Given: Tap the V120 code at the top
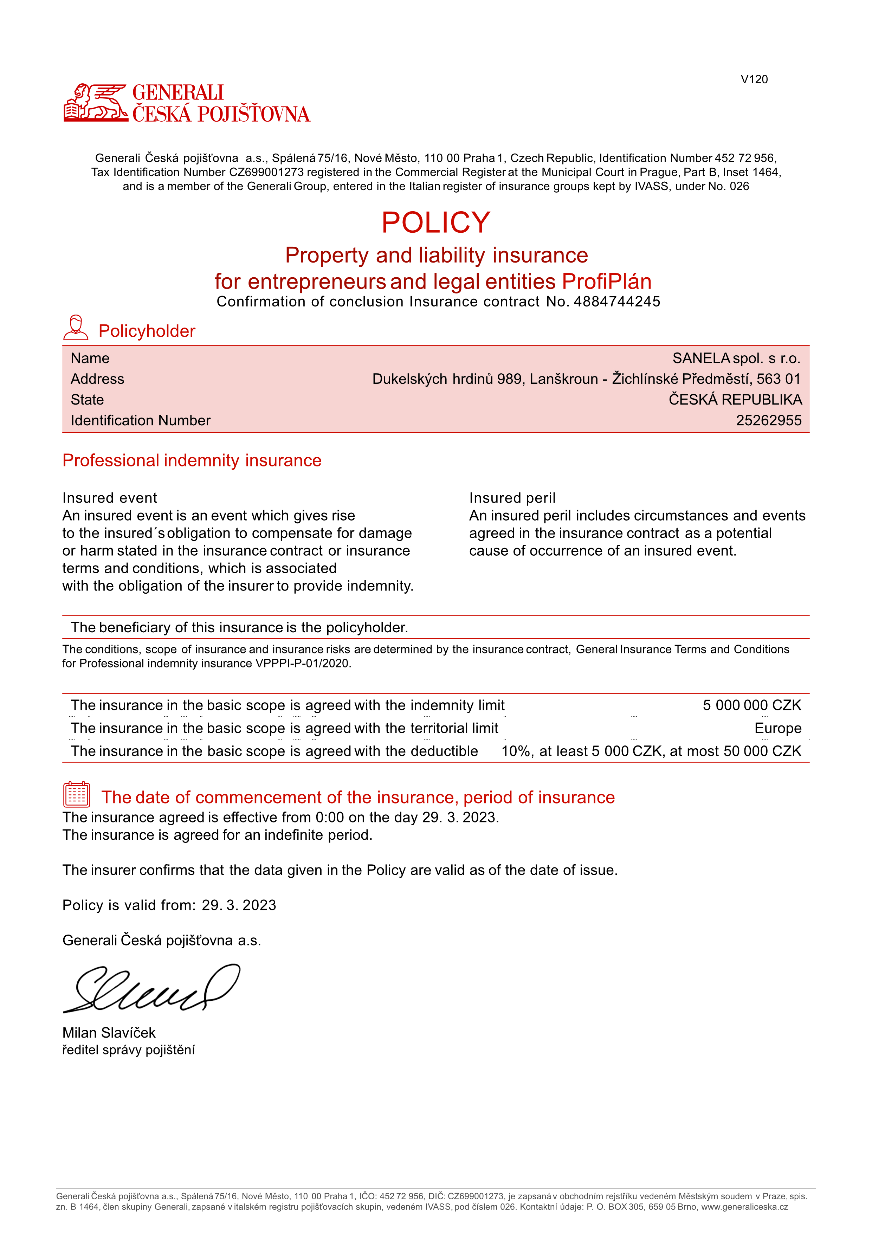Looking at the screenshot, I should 754,79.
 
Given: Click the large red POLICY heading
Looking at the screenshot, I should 436,222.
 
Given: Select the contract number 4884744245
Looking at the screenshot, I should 617,302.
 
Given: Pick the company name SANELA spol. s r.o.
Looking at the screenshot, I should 736,358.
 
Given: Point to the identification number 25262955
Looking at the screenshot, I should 768,420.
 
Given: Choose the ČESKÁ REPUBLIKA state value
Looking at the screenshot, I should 735,400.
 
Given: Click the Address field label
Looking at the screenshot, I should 97,379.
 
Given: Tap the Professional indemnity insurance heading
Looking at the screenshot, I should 192,460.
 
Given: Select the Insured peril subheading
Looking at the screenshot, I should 512,498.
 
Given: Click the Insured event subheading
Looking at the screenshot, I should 110,498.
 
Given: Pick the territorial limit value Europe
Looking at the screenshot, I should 777,728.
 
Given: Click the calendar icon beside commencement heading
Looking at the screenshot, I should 77,795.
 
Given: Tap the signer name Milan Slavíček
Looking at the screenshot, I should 109,1033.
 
